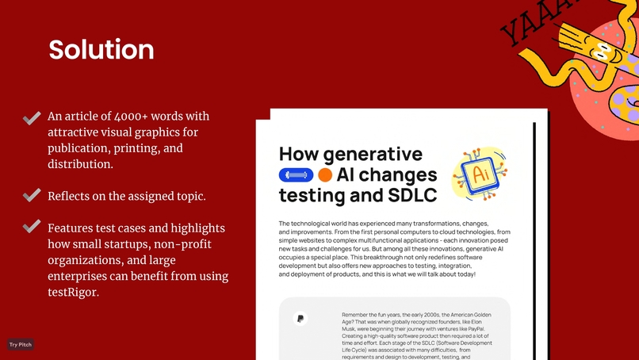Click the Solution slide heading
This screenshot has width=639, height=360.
101,50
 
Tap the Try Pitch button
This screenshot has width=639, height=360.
20,344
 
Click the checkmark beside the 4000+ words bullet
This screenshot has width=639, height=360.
32,118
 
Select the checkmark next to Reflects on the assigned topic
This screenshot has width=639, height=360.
32,195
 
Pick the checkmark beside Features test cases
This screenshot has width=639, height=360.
32,227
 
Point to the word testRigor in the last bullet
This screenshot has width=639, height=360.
74,292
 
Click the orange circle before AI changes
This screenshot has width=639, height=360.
325,175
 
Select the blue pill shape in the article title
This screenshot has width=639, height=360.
297,175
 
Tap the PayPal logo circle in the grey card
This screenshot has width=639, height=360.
300,319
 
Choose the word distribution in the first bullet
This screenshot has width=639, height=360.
79,164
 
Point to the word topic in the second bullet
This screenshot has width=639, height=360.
189,196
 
